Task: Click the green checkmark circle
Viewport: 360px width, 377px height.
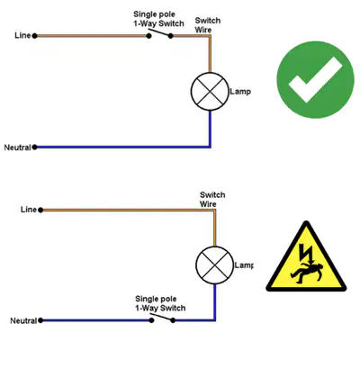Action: [315, 79]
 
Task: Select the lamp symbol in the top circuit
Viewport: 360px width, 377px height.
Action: [210, 92]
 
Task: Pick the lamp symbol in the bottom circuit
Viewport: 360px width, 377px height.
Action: [214, 265]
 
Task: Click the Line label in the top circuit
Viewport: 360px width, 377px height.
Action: [22, 35]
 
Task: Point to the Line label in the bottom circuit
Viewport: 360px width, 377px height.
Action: [29, 210]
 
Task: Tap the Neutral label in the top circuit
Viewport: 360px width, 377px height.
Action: [17, 148]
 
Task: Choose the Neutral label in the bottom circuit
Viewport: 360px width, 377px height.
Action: [23, 321]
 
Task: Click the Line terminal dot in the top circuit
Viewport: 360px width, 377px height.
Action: [35, 36]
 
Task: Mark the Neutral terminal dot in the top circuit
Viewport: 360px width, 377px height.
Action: [35, 148]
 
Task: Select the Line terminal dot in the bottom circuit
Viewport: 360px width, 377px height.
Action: [40, 210]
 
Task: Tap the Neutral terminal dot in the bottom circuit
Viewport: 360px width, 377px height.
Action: [40, 320]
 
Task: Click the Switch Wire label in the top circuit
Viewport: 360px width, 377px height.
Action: [208, 25]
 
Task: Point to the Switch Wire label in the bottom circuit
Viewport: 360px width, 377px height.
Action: [212, 200]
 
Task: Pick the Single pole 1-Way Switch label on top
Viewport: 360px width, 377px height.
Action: [158, 19]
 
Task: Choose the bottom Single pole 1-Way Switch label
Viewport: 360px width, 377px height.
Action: [160, 303]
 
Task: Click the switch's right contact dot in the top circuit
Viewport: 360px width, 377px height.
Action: [171, 36]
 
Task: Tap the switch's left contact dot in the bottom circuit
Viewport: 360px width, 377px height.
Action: [151, 320]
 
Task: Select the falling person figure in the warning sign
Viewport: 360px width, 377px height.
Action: [307, 273]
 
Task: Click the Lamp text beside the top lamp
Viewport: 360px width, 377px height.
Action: [240, 92]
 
